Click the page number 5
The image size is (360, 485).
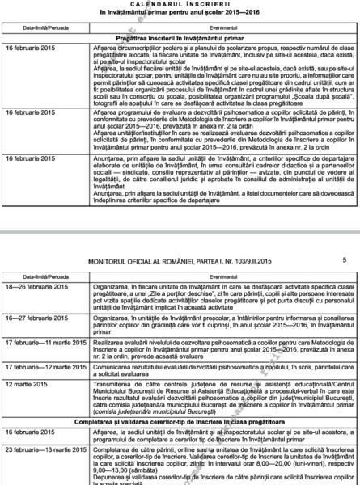coord(344,260)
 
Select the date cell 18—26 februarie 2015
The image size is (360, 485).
coord(39,286)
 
